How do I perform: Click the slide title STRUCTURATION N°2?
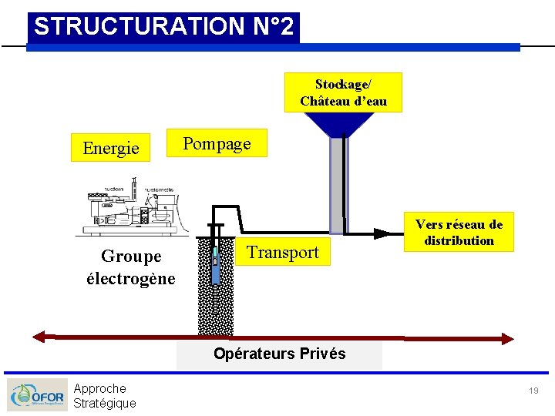[x=163, y=27]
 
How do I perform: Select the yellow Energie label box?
[x=111, y=147]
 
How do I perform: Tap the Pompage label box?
[x=217, y=143]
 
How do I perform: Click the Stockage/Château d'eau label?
[x=343, y=92]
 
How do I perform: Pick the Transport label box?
[x=283, y=252]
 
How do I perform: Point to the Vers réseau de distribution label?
[x=459, y=233]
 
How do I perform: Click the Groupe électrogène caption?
[x=131, y=267]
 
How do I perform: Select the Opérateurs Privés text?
[x=279, y=354]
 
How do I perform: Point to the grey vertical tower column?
[x=338, y=185]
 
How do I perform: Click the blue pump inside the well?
[x=216, y=262]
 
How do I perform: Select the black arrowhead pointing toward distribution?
[x=382, y=232]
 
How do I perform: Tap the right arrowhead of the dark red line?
[x=506, y=337]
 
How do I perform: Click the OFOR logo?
[x=37, y=395]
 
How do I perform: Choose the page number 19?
[x=533, y=391]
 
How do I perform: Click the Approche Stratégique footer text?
[x=104, y=395]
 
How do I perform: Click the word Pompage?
[x=217, y=143]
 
